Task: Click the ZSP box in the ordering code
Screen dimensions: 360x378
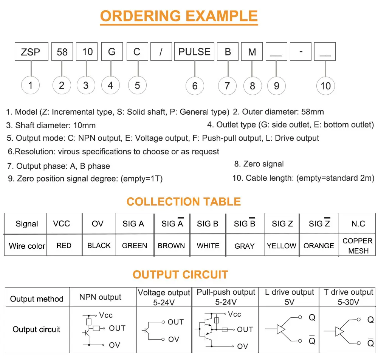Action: [31, 51]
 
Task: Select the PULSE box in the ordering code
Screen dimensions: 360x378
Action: [194, 51]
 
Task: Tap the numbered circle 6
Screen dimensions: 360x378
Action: [195, 86]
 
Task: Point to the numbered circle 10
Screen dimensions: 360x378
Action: [325, 86]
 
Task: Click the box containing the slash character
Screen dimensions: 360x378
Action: [161, 51]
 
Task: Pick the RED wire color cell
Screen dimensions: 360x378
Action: [64, 246]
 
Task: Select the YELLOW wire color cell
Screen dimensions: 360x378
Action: [282, 246]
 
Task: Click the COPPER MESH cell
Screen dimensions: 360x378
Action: [358, 246]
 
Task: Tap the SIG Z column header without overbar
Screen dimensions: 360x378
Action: [282, 224]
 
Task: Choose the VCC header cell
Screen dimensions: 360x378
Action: [62, 224]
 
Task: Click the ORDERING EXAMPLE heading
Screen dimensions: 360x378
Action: [179, 16]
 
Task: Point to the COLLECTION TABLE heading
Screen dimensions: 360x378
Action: [184, 202]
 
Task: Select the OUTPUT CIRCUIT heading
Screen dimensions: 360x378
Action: [180, 275]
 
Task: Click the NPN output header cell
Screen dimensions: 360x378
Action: [100, 297]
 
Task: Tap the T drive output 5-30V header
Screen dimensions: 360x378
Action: [348, 297]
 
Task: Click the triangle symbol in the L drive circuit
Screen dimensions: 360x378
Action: [281, 329]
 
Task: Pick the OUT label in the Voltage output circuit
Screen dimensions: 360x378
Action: [176, 322]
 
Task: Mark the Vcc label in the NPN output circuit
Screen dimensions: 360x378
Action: [106, 315]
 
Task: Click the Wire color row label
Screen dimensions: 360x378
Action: [27, 246]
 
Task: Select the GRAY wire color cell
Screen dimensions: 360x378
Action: [245, 246]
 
